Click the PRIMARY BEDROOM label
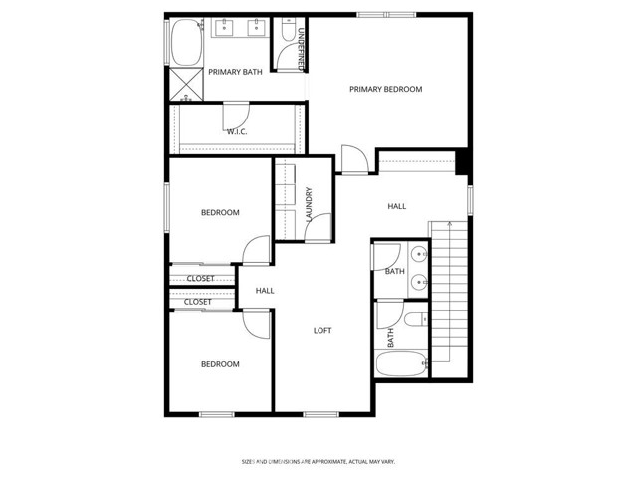[385, 89]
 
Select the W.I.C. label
[237, 131]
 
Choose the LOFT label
[322, 331]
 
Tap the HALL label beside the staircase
[396, 206]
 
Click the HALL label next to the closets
[265, 291]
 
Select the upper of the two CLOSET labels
[200, 279]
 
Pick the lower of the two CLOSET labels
[197, 302]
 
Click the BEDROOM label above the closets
[220, 212]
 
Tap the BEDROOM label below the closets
[220, 364]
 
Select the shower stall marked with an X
[186, 83]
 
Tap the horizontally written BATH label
[395, 271]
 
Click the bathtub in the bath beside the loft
[401, 363]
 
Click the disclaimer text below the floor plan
[318, 461]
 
